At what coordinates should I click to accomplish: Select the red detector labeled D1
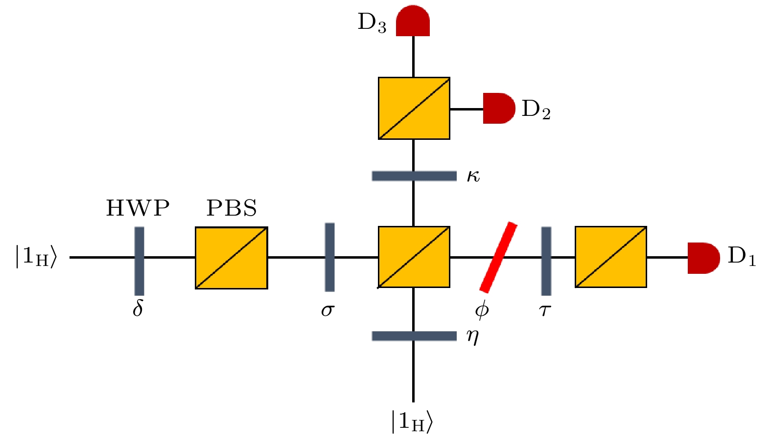pos(703,258)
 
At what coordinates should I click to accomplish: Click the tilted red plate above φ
pos(498,257)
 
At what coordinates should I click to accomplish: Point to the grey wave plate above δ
pos(140,261)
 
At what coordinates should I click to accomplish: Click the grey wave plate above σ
pos(329,257)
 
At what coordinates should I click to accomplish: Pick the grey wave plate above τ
pos(546,261)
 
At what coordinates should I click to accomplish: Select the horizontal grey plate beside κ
pos(414,176)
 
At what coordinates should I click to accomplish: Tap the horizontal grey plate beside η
pos(414,336)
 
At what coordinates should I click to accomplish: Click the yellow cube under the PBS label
pos(232,258)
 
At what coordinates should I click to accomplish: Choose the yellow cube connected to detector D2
pos(414,108)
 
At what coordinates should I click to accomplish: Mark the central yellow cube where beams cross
pos(414,257)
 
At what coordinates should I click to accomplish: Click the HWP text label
pos(138,208)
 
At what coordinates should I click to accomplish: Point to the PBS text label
pos(232,208)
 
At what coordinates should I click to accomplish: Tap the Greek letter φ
pos(482,310)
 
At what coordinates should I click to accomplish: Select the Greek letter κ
pos(473,176)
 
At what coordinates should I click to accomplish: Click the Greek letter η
pos(472,336)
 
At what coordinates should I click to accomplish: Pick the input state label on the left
pos(36,257)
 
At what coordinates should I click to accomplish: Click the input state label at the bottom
pos(412,421)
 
